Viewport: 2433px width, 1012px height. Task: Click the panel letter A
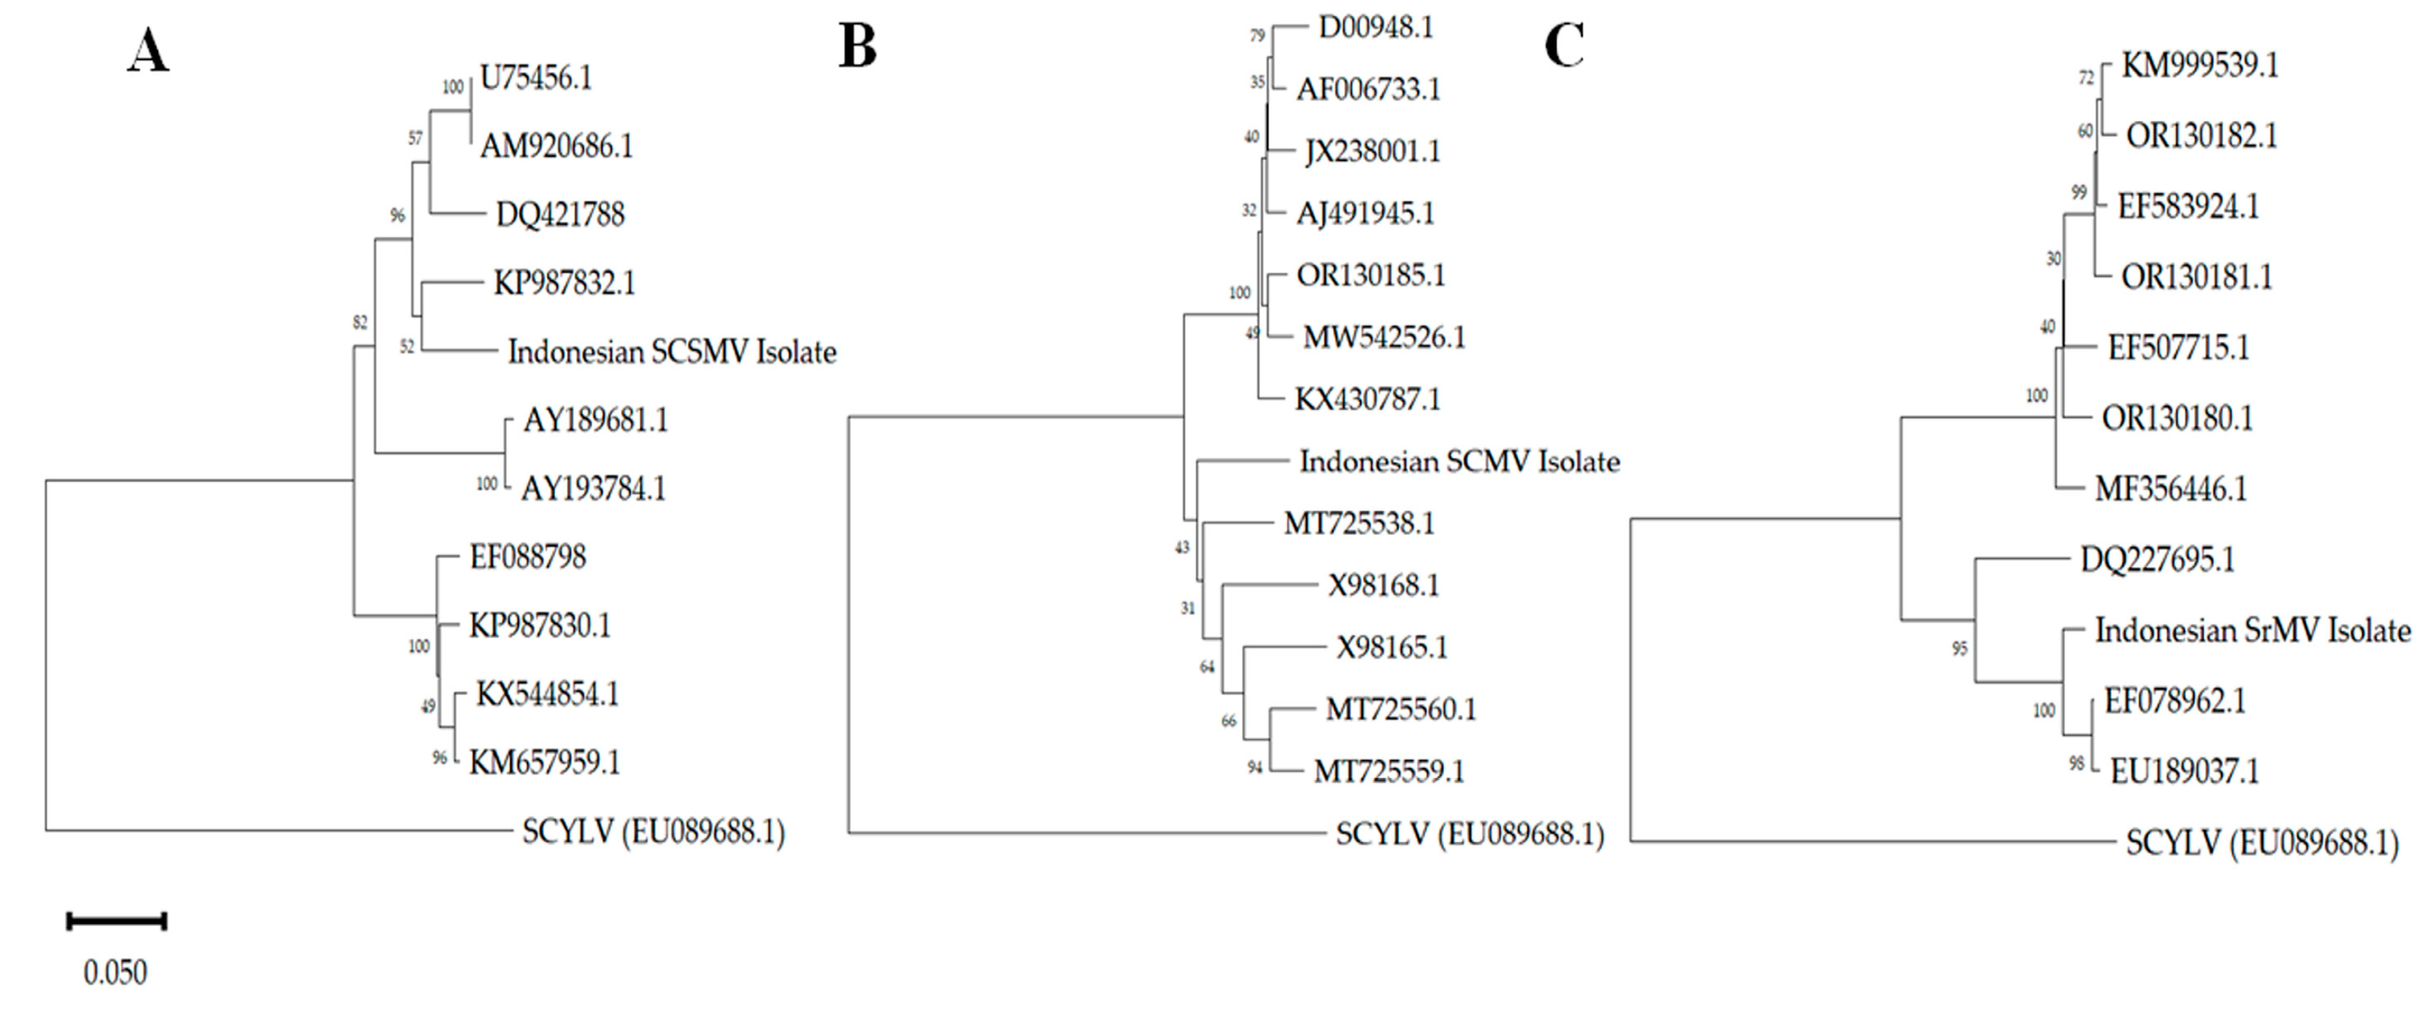[x=147, y=51]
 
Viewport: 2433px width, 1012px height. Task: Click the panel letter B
[x=858, y=46]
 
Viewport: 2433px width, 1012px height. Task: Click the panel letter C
[x=1564, y=46]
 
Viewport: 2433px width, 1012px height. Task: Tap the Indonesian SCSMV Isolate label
[x=671, y=353]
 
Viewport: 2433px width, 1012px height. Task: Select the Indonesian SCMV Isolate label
[x=1459, y=461]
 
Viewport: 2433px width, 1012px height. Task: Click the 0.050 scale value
[x=115, y=972]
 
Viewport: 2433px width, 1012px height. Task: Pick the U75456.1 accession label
[x=536, y=77]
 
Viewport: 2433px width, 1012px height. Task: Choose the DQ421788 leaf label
[x=560, y=214]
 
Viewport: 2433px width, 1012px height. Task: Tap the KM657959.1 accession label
[x=545, y=761]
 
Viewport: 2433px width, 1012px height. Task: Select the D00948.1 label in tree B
[x=1375, y=27]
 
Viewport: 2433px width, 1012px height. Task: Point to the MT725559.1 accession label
[x=1389, y=771]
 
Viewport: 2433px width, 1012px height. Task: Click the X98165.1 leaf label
[x=1392, y=647]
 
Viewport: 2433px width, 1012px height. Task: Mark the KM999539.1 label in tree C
[x=2200, y=65]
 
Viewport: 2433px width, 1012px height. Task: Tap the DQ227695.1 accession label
[x=2157, y=559]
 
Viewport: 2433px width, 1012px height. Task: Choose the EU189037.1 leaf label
[x=2185, y=772]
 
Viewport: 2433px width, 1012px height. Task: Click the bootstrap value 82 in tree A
[x=360, y=323]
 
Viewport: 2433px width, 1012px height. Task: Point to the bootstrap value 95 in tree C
[x=1960, y=648]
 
